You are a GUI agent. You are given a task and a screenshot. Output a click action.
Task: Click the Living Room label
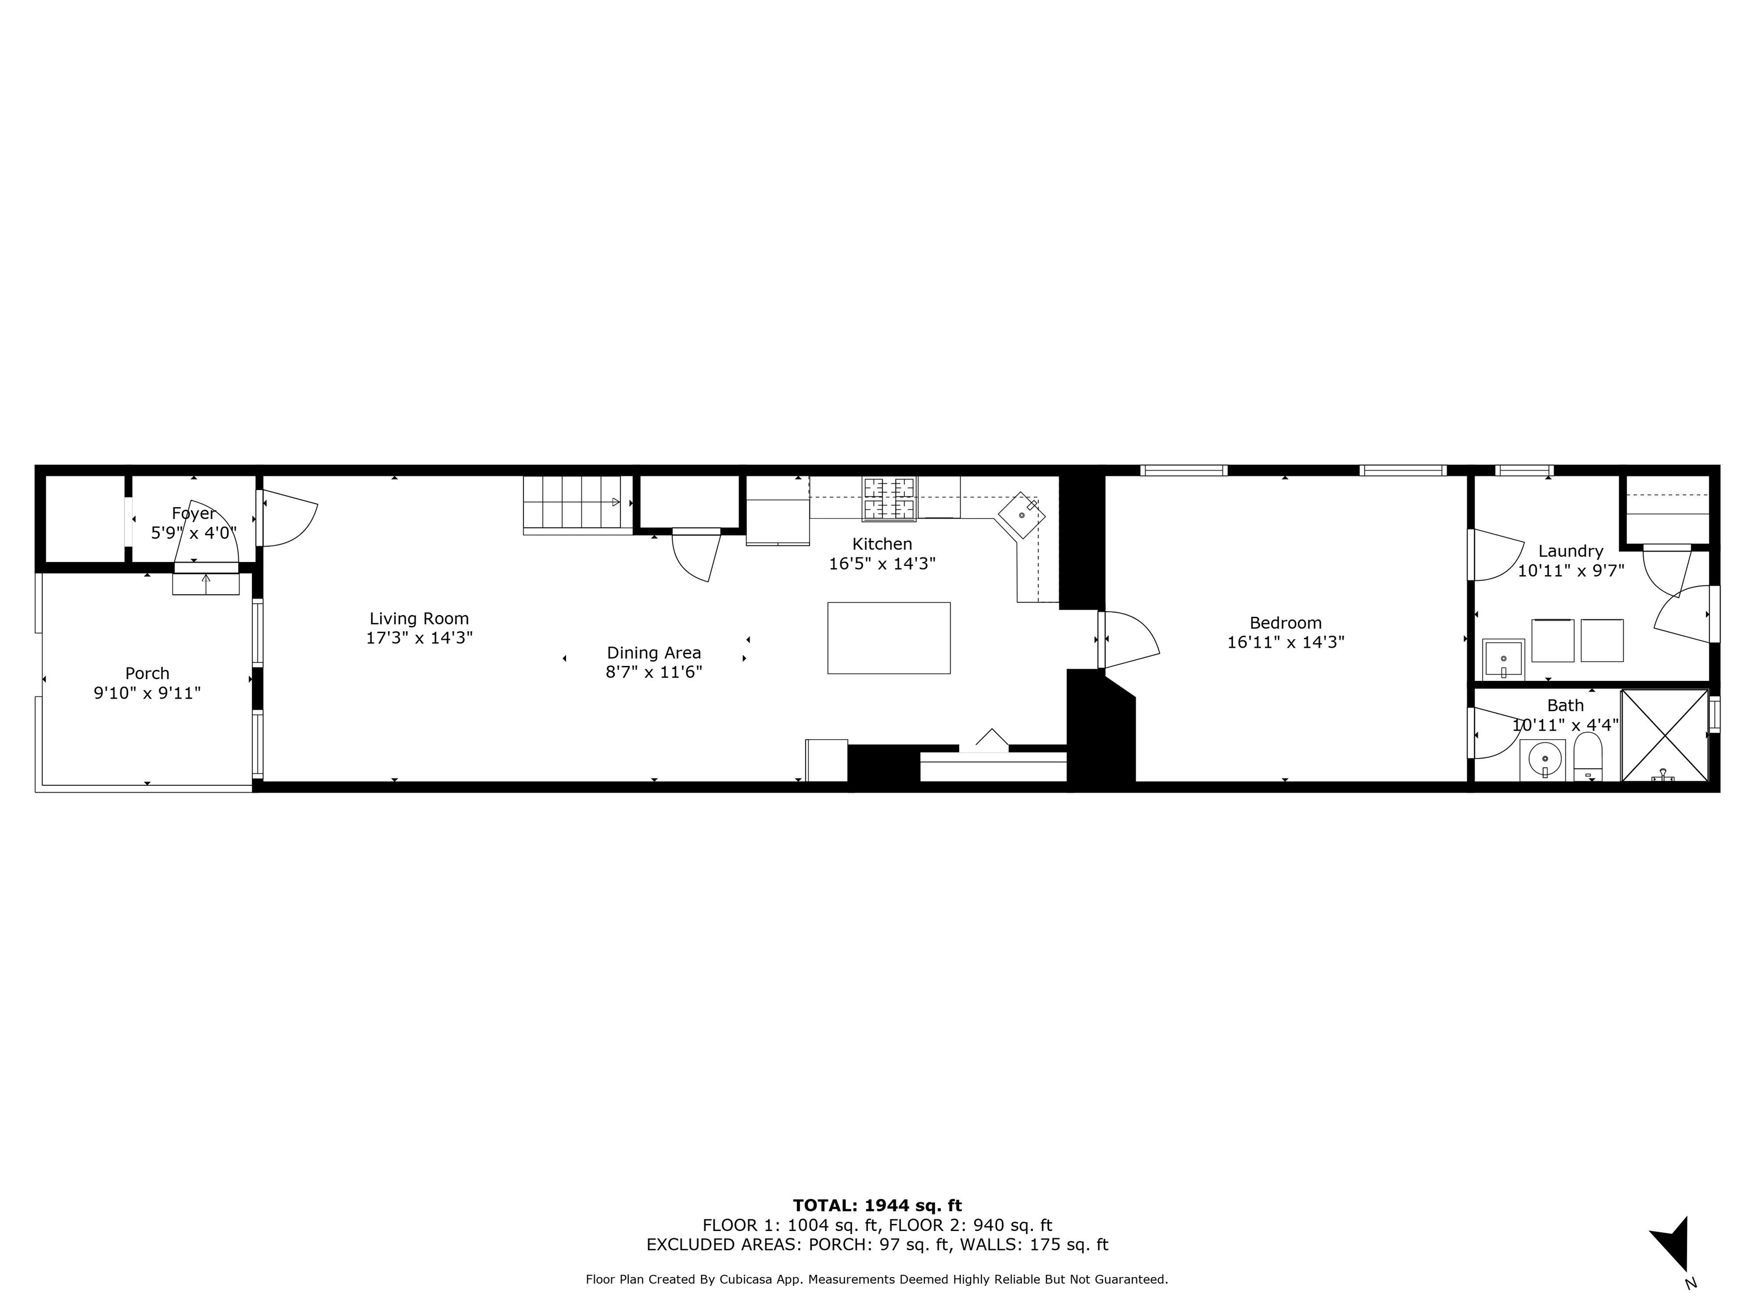(419, 619)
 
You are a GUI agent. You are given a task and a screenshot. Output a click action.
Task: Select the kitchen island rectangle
(888, 638)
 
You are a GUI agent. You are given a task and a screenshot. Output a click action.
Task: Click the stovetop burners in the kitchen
(888, 498)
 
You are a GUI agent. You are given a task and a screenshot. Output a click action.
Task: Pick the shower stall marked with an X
(1664, 735)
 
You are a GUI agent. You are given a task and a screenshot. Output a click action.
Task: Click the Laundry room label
(1570, 551)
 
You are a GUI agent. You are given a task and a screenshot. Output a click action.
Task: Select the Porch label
(147, 673)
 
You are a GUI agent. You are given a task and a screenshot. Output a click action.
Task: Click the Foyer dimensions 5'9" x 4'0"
(194, 533)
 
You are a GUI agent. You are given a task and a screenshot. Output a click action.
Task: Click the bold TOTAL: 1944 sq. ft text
(877, 1206)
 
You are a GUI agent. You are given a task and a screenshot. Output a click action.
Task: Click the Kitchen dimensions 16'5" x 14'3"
(882, 564)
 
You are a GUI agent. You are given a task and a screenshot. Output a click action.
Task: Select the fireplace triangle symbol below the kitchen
(991, 740)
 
